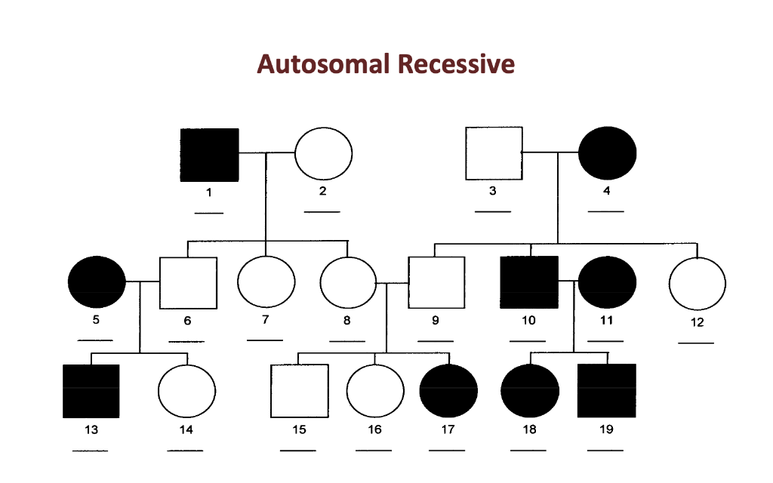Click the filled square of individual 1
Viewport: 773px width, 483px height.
209,155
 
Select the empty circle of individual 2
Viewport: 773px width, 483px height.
323,154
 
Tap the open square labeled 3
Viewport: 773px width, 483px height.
494,153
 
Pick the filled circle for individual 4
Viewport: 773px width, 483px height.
607,153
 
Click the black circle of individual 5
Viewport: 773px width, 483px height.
97,282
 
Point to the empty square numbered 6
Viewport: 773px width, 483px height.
188,283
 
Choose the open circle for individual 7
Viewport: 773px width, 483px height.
266,282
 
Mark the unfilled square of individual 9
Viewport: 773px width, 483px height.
436,283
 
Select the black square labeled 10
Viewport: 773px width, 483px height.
529,282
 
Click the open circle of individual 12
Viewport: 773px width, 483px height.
698,284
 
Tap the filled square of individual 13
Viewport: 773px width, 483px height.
91,391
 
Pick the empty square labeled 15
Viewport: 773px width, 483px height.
299,391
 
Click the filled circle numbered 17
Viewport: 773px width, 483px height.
449,391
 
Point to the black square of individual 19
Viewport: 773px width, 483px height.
606,390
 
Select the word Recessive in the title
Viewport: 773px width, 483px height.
456,64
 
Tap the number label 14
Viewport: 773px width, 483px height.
186,430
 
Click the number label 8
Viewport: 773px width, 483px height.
347,320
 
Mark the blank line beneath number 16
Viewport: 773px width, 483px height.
374,450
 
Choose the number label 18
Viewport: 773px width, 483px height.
529,430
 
